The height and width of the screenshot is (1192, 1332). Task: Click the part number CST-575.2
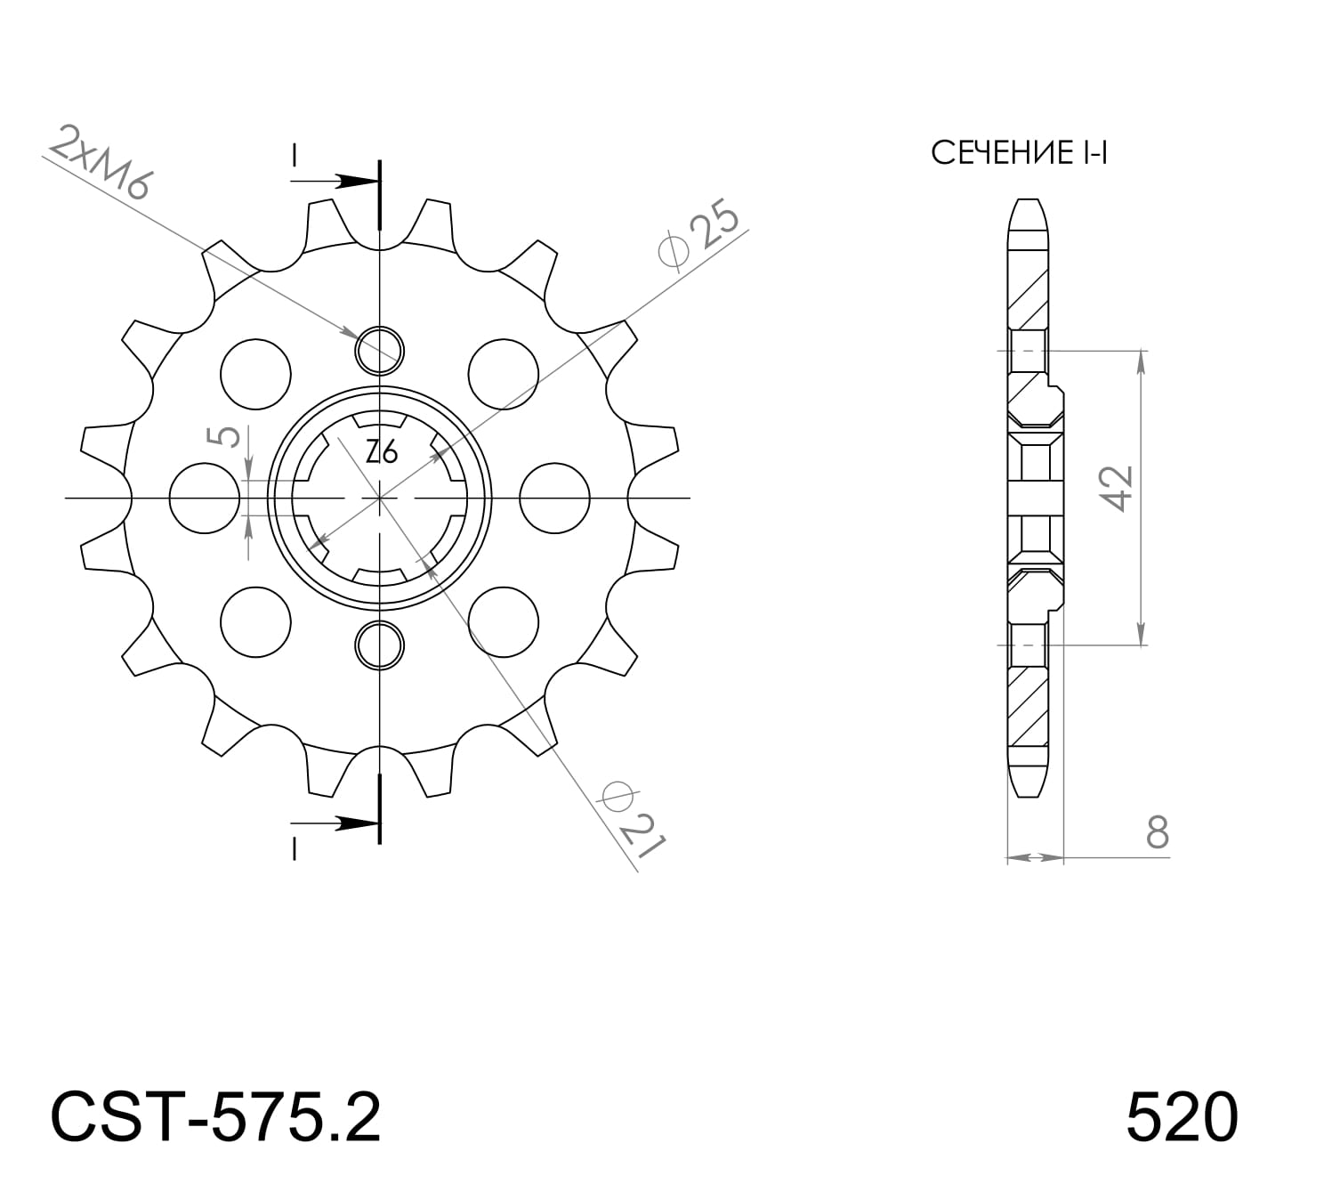[x=216, y=1118]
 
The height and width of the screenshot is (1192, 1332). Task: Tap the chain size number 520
[x=1181, y=1118]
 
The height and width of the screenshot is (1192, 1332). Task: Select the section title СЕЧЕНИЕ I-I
[x=1019, y=153]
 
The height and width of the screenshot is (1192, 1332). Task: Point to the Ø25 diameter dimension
[x=700, y=236]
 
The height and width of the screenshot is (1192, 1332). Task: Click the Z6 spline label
[x=382, y=453]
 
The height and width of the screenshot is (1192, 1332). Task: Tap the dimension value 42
[x=1118, y=488]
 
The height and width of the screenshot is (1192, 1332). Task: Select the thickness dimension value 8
[x=1156, y=832]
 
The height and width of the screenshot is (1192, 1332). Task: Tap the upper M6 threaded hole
[x=380, y=349]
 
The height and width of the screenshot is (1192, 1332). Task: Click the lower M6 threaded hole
[x=380, y=645]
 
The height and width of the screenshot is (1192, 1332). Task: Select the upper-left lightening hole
[x=256, y=374]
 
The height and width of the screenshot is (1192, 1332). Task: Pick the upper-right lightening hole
[x=504, y=374]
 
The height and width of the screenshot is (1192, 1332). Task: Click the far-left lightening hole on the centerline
[x=204, y=498]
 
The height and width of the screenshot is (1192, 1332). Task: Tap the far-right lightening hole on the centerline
[x=554, y=498]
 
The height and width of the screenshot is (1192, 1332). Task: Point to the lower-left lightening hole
[x=256, y=621]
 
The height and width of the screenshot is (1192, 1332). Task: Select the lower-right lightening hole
[x=504, y=621]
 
